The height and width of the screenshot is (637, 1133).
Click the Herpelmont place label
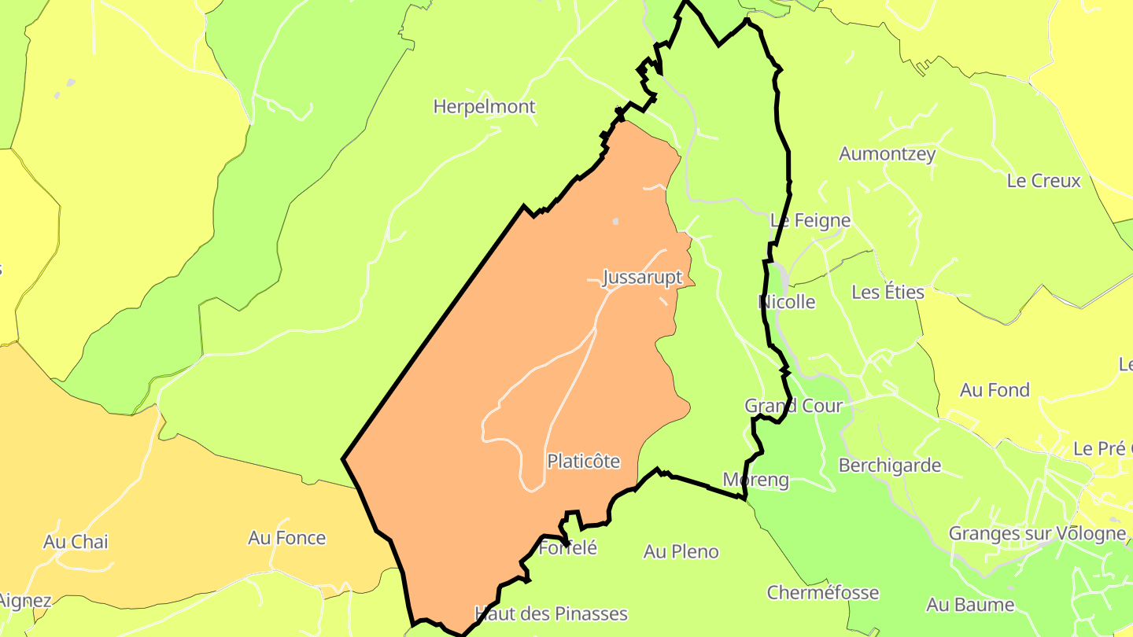(484, 106)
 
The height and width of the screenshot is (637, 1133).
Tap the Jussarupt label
(642, 278)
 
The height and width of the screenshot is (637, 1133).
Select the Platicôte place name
(583, 461)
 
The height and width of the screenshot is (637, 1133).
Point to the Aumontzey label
(887, 153)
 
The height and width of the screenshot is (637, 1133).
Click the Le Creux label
(1043, 181)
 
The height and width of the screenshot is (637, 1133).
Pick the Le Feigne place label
(810, 220)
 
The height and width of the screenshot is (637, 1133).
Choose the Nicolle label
(786, 302)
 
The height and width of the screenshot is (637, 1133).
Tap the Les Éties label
(888, 292)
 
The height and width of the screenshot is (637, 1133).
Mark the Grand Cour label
(793, 406)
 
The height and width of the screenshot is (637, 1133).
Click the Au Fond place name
(995, 390)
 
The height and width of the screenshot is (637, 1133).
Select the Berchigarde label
(889, 466)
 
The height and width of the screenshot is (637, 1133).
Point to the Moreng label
(755, 480)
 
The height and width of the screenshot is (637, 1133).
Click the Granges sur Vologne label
(1036, 534)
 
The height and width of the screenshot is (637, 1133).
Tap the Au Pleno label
(681, 552)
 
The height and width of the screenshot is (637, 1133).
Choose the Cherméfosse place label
(822, 593)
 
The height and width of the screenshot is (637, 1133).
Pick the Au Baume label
(969, 605)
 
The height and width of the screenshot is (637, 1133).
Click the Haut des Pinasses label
(551, 613)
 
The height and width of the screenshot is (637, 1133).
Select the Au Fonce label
(286, 538)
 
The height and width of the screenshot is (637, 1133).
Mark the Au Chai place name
(76, 542)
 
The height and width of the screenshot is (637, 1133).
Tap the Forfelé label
(567, 548)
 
